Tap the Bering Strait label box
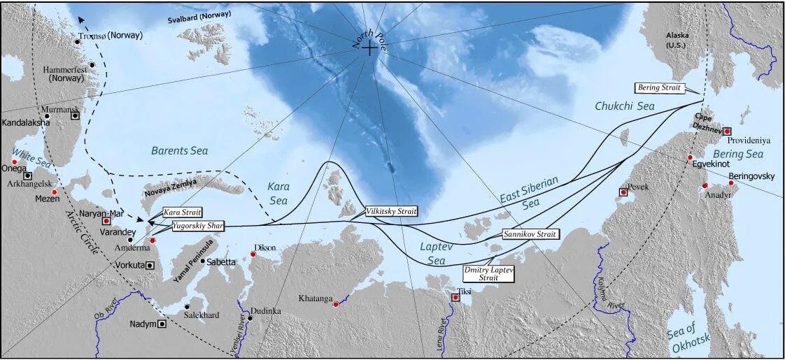pos(660,88)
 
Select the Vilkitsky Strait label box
pos(392,211)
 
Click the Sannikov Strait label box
pos(531,234)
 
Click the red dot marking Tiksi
pos(455,298)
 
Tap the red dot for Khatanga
pos(336,305)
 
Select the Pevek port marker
pos(623,192)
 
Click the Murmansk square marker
pos(75,116)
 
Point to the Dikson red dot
pos(253,254)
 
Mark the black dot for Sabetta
pos(203,261)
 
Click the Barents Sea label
pos(180,150)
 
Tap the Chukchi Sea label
pos(624,106)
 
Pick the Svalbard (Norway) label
pos(199,16)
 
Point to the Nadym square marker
pos(162,324)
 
